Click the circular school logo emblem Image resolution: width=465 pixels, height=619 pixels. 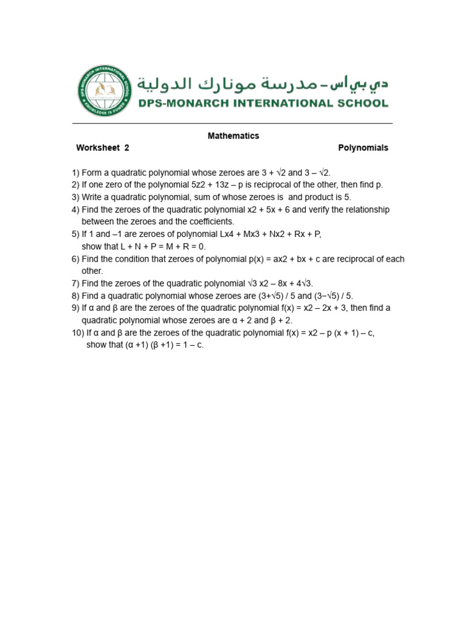click(105, 91)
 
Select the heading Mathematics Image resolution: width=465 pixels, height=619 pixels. click(233, 136)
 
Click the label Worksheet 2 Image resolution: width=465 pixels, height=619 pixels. click(102, 147)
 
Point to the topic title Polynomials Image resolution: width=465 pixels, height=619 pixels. click(363, 147)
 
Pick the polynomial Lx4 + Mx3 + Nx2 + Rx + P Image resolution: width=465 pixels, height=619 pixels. click(255, 234)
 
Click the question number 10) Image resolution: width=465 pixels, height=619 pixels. click(78, 332)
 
